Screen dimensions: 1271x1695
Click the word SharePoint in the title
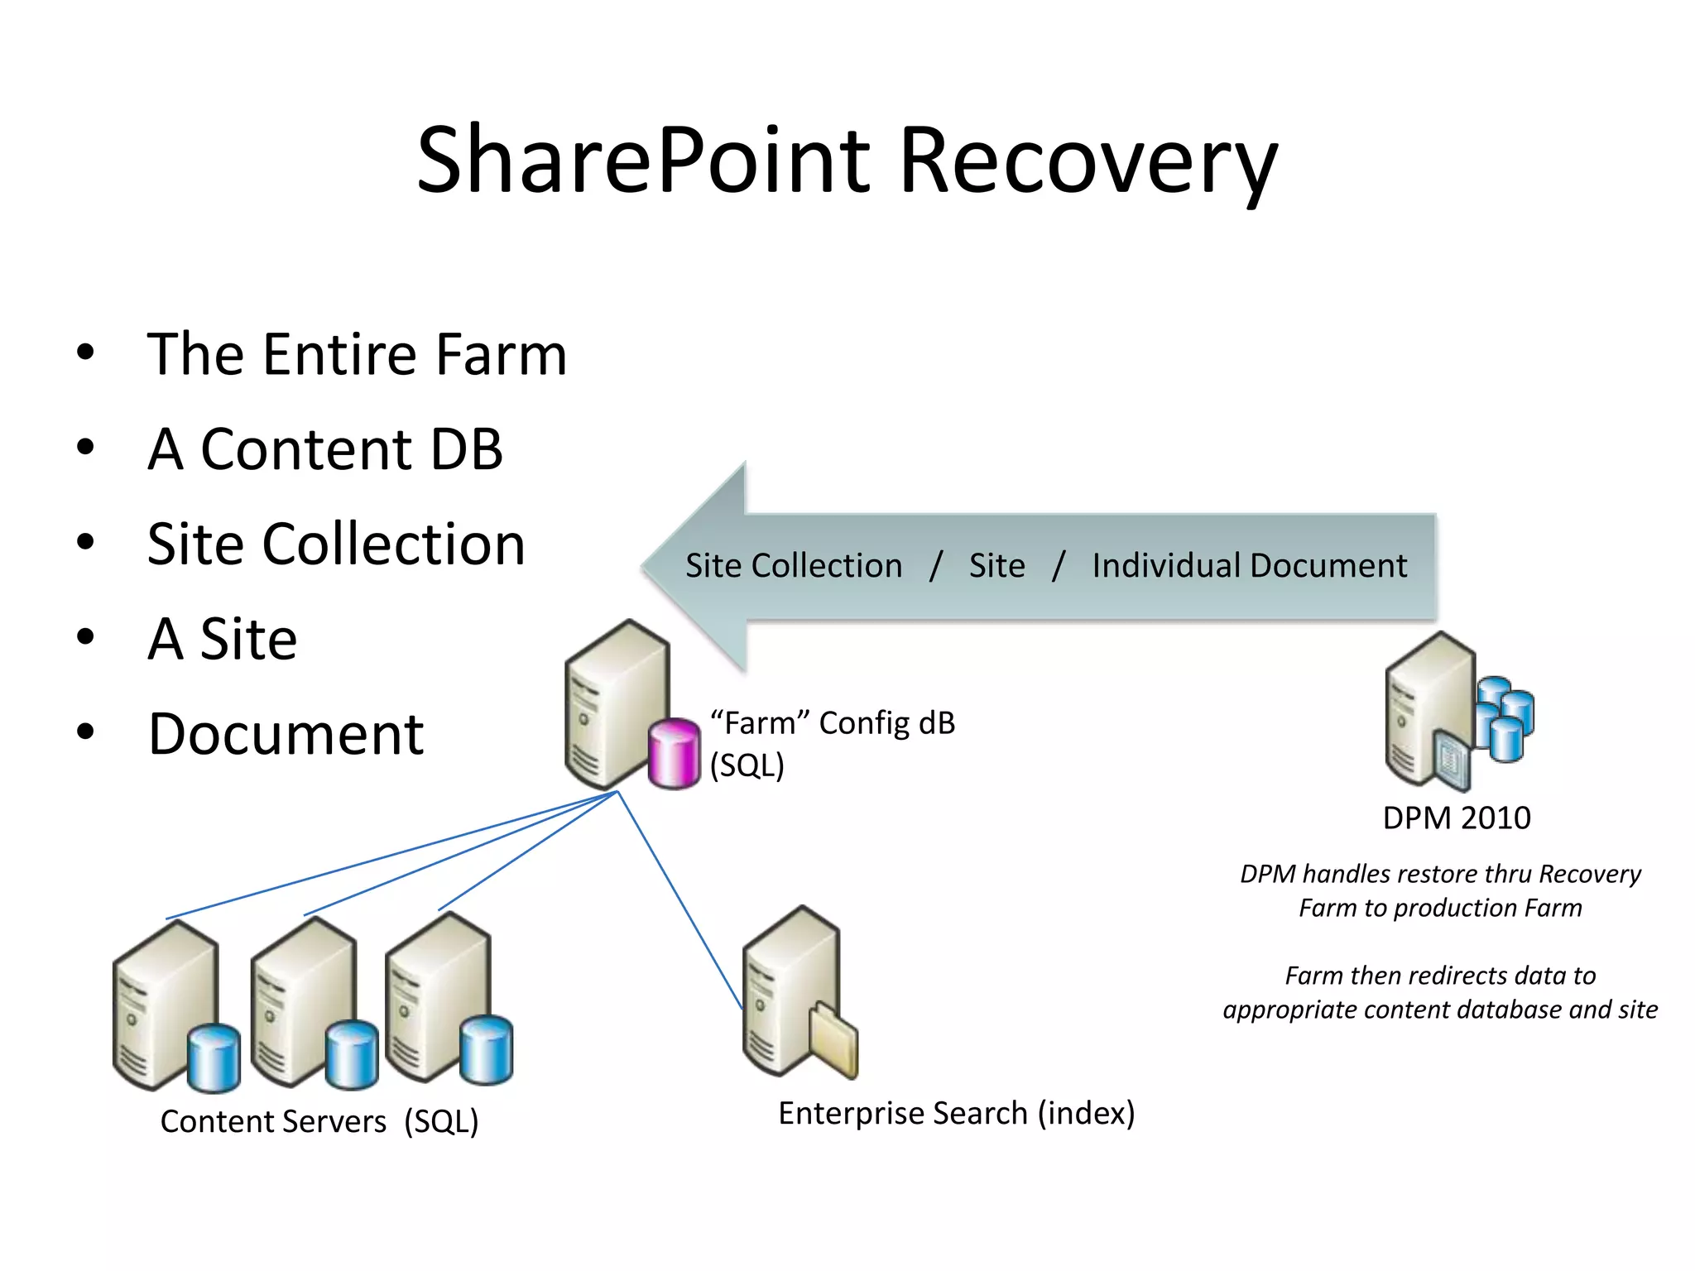pyautogui.click(x=643, y=161)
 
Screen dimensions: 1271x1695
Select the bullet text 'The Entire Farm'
pyautogui.click(x=357, y=354)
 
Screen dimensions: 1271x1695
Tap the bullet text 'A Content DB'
pyautogui.click(x=325, y=449)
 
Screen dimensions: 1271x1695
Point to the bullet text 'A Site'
pyautogui.click(x=223, y=639)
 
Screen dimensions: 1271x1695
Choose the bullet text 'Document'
pyautogui.click(x=286, y=734)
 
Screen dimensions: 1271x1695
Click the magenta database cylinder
pyautogui.click(x=674, y=753)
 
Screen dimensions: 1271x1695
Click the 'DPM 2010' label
pyautogui.click(x=1457, y=818)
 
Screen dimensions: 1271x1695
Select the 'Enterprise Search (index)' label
pyautogui.click(x=956, y=1113)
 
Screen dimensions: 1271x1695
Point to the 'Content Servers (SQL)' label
pyautogui.click(x=319, y=1121)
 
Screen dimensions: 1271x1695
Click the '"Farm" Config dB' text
pyautogui.click(x=833, y=723)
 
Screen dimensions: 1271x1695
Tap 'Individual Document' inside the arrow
pyautogui.click(x=1249, y=566)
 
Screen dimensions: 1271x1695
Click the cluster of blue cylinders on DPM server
pyautogui.click(x=1505, y=717)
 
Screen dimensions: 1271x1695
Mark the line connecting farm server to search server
pyautogui.click(x=679, y=899)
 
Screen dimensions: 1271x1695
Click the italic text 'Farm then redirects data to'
pyautogui.click(x=1440, y=976)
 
